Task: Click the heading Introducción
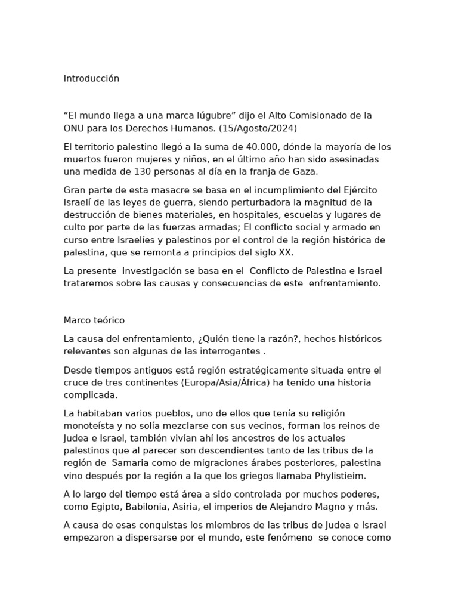tap(91, 79)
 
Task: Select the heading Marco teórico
tap(94, 321)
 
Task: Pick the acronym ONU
tap(75, 128)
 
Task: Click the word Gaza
tap(303, 172)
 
